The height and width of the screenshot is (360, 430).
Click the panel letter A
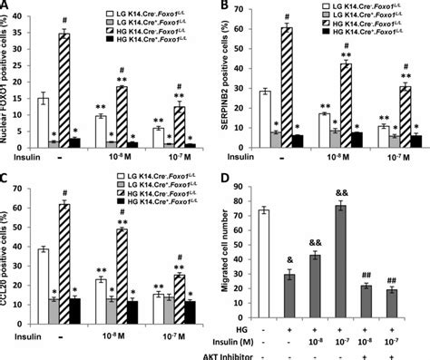7,7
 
